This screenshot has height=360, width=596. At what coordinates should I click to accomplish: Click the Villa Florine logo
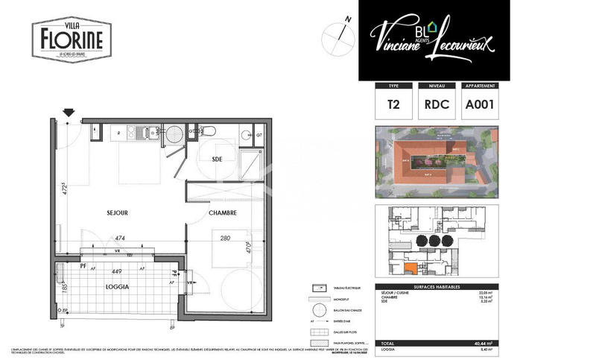(x=72, y=39)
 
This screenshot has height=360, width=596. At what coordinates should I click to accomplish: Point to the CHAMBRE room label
(x=222, y=212)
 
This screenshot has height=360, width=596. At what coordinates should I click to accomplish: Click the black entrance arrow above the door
(x=69, y=113)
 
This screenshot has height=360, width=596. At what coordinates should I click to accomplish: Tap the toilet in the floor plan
(x=208, y=133)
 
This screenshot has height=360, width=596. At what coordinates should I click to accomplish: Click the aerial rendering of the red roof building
(x=436, y=162)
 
